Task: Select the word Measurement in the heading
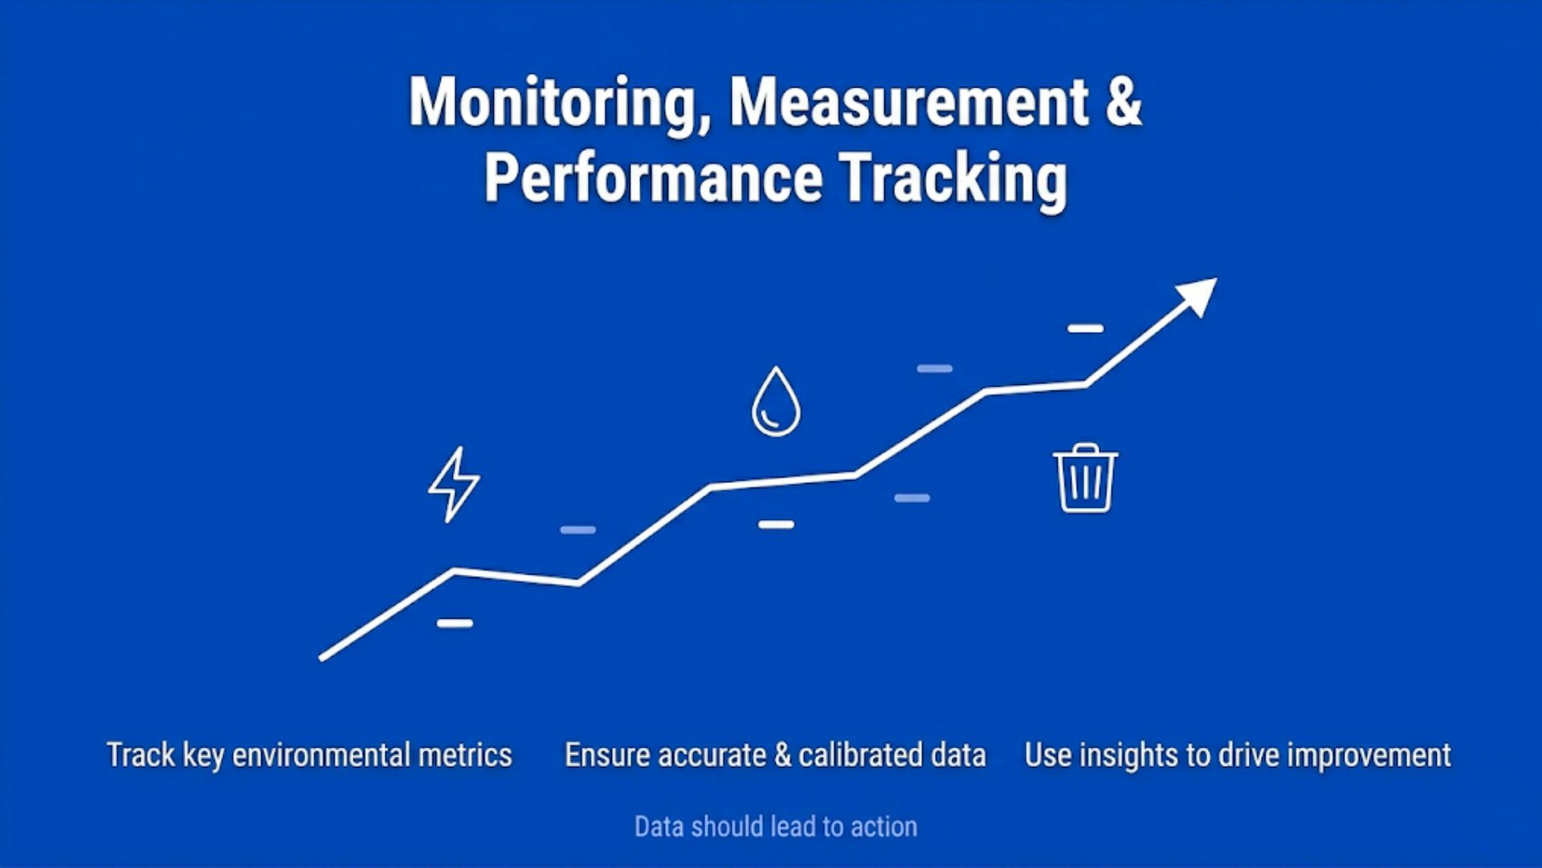click(908, 103)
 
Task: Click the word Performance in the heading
click(653, 178)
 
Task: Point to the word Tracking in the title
click(953, 178)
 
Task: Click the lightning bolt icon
click(454, 485)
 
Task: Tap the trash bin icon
click(1085, 479)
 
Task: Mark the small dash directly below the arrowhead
click(1085, 329)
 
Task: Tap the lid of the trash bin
click(1085, 453)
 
